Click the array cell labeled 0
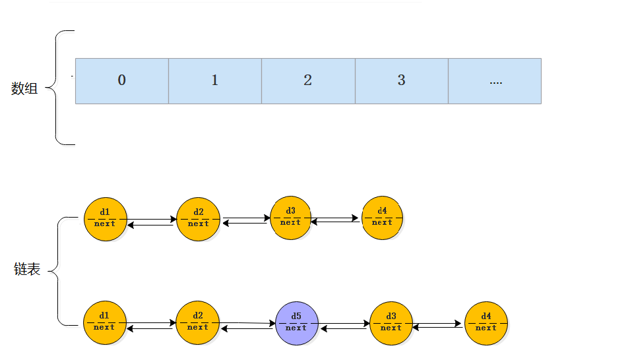click(x=122, y=80)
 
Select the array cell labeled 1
click(x=215, y=80)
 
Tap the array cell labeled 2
click(x=308, y=80)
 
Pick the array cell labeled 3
click(x=401, y=80)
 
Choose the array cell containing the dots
click(x=495, y=80)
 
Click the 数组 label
click(x=25, y=88)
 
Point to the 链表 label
click(x=28, y=269)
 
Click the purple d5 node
click(x=296, y=323)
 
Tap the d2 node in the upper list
click(x=198, y=219)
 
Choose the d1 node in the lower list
click(x=104, y=322)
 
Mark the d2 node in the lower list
click(x=197, y=322)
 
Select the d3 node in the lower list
click(x=391, y=323)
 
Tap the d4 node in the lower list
click(x=486, y=323)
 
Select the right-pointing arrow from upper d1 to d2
click(x=151, y=219)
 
